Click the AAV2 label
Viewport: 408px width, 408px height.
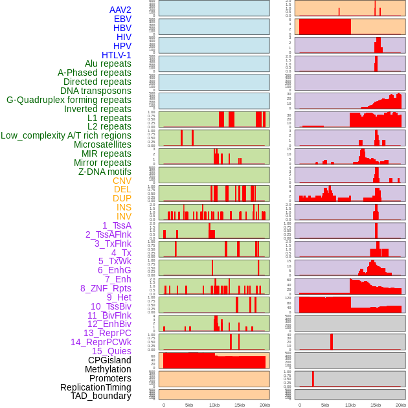coord(120,10)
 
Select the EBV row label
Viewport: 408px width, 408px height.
coord(122,19)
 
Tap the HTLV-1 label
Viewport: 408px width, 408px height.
coord(117,55)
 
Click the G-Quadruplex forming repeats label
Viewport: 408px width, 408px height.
coord(69,100)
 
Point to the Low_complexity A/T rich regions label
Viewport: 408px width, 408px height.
coord(66,135)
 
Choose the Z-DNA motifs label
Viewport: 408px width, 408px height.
coord(105,172)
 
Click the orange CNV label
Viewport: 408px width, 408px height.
coord(122,181)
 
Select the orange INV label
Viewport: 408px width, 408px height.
coord(124,216)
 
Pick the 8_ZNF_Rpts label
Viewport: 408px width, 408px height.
coord(106,288)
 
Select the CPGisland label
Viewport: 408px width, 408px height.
coord(109,360)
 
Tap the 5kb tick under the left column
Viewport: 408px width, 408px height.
coord(189,405)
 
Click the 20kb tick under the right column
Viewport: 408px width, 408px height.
coord(401,405)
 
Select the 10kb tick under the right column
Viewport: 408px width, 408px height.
coord(350,405)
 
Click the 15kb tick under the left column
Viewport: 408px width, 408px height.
coord(240,405)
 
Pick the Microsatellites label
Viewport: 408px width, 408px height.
coord(102,144)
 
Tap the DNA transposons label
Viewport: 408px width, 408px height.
coord(96,91)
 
